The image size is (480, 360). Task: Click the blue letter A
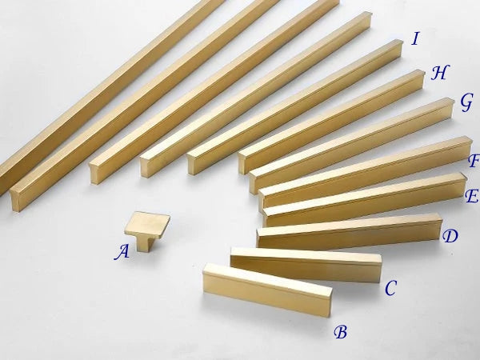tap(122, 252)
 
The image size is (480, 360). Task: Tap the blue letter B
tap(341, 332)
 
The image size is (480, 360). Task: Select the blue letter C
tap(390, 288)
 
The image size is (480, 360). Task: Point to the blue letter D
tap(450, 236)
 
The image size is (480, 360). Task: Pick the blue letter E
tap(472, 196)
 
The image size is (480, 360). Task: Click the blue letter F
tap(474, 161)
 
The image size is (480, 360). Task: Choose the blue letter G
tap(467, 102)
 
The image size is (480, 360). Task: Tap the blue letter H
tap(439, 73)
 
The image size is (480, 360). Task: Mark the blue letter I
tap(415, 39)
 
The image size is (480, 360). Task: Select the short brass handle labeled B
tap(266, 290)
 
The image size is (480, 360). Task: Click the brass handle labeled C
tap(306, 265)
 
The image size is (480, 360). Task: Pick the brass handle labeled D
tap(350, 230)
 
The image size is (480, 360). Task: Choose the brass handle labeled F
tap(366, 172)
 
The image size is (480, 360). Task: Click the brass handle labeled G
tap(351, 146)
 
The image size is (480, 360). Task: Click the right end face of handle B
tap(330, 302)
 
